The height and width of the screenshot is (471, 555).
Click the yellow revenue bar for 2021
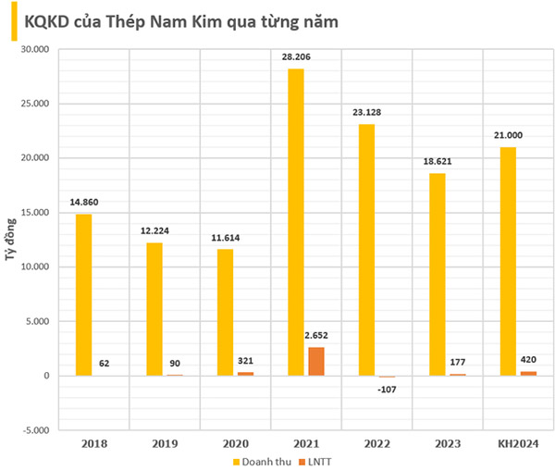296,222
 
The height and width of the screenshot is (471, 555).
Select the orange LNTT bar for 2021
316,361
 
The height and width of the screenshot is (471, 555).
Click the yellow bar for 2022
367,250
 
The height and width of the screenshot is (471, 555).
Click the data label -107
388,389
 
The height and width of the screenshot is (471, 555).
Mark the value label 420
530,360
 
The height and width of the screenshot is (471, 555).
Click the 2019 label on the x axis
164,444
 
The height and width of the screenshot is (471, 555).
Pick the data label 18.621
438,162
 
